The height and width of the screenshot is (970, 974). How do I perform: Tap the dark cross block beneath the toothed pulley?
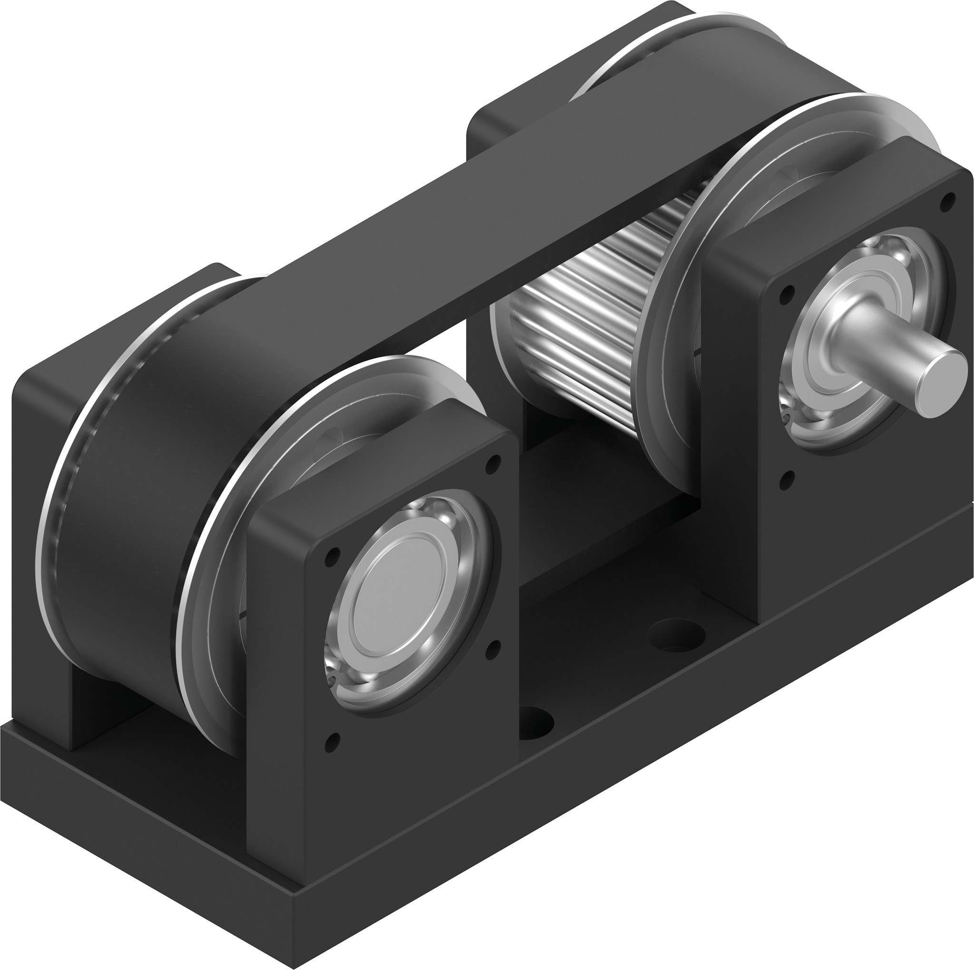[605, 544]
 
